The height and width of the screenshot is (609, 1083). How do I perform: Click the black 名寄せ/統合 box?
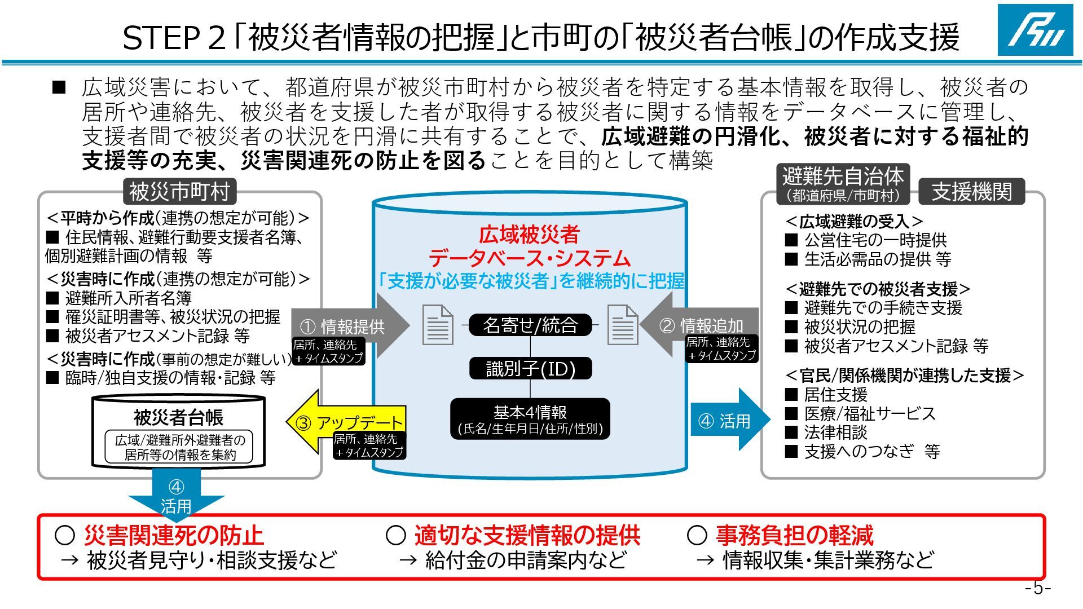(x=530, y=325)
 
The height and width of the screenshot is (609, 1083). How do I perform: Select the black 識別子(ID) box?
(x=530, y=368)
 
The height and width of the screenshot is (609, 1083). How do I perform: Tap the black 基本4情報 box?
(x=530, y=419)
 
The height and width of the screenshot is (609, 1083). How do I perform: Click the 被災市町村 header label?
(x=179, y=192)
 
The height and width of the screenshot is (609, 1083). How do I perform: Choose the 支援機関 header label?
(x=971, y=192)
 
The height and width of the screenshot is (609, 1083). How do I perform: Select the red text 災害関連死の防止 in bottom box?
(x=174, y=535)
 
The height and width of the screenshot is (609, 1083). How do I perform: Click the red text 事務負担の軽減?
(x=794, y=535)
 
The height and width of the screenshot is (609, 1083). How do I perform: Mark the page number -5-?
(x=1037, y=588)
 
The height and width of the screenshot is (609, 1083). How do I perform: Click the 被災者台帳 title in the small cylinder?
(x=178, y=417)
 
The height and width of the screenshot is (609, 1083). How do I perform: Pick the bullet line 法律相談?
(x=835, y=433)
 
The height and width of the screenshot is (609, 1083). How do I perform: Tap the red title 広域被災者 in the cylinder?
(x=529, y=234)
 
